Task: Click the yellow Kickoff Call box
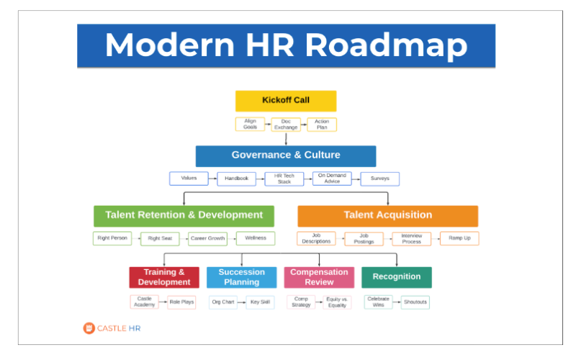pyautogui.click(x=286, y=100)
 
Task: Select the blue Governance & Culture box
pyautogui.click(x=286, y=156)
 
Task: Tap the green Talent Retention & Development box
pyautogui.click(x=184, y=215)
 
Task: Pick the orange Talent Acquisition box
pyautogui.click(x=387, y=215)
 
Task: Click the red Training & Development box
pyautogui.click(x=164, y=277)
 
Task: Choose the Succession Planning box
pyautogui.click(x=242, y=277)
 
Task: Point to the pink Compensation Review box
pyautogui.click(x=319, y=277)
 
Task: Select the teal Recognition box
pyautogui.click(x=397, y=277)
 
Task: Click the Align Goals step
pyautogui.click(x=250, y=124)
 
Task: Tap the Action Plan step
pyautogui.click(x=322, y=124)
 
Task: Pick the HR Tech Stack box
pyautogui.click(x=285, y=179)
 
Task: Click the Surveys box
pyautogui.click(x=379, y=179)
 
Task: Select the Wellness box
pyautogui.click(x=256, y=238)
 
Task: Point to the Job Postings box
pyautogui.click(x=364, y=238)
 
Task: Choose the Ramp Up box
pyautogui.click(x=459, y=238)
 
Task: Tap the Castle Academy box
pyautogui.click(x=144, y=302)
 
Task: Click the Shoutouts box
pyautogui.click(x=415, y=302)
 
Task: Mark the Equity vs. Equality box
pyautogui.click(x=336, y=302)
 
